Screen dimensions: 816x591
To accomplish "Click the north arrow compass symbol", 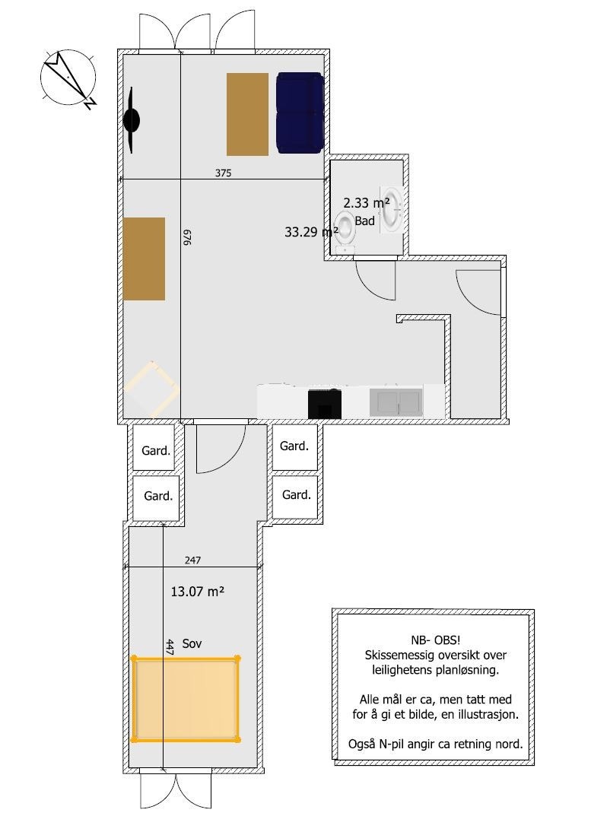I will tap(68, 78).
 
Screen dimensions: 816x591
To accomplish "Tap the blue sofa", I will tap(300, 113).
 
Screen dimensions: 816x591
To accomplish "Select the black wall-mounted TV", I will tap(132, 121).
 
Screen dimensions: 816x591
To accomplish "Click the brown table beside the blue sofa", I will tap(247, 114).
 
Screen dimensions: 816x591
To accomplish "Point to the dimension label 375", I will tap(223, 173).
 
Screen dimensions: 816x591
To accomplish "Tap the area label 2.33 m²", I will tap(367, 203).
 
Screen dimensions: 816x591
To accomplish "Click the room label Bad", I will tap(365, 221).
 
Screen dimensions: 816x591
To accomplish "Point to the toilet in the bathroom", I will tap(346, 232).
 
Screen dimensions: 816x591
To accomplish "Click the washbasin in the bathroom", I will tap(392, 208).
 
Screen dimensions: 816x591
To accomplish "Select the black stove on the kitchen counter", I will tap(325, 404).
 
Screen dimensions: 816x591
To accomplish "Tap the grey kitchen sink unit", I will tap(396, 402).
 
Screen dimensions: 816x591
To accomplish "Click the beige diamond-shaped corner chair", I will tap(151, 389).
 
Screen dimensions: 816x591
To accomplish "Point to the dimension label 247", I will tap(193, 560).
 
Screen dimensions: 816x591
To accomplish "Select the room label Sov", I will tap(192, 643).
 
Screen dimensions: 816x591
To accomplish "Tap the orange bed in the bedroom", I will tap(186, 698).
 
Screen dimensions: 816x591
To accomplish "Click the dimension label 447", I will tap(170, 647).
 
